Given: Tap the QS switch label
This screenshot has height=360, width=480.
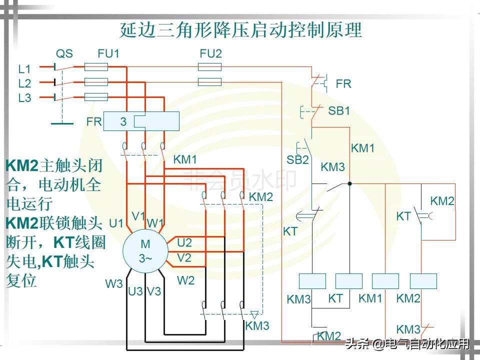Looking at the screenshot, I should [64, 53].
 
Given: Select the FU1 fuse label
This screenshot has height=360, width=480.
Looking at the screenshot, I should [108, 53].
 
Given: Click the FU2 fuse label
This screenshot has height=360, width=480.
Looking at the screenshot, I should [210, 53].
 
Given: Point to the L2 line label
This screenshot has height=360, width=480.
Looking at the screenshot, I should [24, 83].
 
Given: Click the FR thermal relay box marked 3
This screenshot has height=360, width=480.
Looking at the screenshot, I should [141, 121].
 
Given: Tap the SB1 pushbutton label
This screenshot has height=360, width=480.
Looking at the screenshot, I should [339, 111].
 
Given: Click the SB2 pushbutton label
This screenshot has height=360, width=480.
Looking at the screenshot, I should [297, 160].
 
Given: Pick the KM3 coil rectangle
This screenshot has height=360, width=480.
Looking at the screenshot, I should [312, 281].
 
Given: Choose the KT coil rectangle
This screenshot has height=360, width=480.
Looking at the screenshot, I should [349, 281].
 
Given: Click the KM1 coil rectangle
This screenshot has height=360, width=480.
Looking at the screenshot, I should [385, 281].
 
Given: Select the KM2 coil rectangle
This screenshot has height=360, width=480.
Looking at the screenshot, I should [423, 281].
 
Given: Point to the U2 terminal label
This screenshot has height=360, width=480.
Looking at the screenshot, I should [184, 242].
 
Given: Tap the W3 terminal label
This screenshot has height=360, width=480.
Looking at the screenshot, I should [113, 284].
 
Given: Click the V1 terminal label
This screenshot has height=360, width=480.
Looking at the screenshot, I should [138, 216].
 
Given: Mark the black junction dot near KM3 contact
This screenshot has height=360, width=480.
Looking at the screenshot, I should [349, 183].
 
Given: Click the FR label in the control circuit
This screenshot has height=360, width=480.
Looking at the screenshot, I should [343, 84].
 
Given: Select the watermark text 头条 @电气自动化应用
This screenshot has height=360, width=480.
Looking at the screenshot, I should [407, 344].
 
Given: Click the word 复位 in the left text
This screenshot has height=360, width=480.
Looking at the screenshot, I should [21, 280].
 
